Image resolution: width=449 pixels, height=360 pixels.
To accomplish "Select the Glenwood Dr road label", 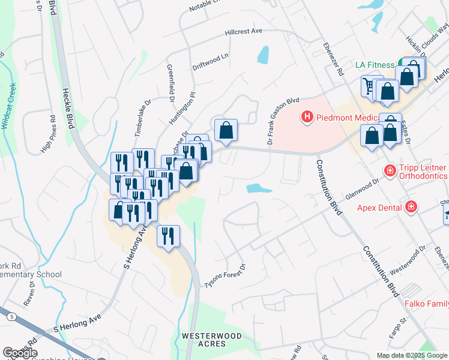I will [363, 188].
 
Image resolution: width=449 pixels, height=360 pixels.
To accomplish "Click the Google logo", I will [19, 353].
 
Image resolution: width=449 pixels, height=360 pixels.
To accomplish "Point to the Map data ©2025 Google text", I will [411, 355].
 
